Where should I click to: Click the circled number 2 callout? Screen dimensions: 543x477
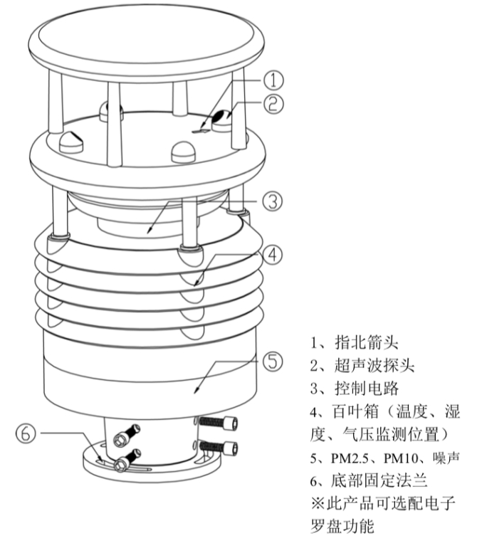[275, 103]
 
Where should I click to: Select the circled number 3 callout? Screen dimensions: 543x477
[271, 201]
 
